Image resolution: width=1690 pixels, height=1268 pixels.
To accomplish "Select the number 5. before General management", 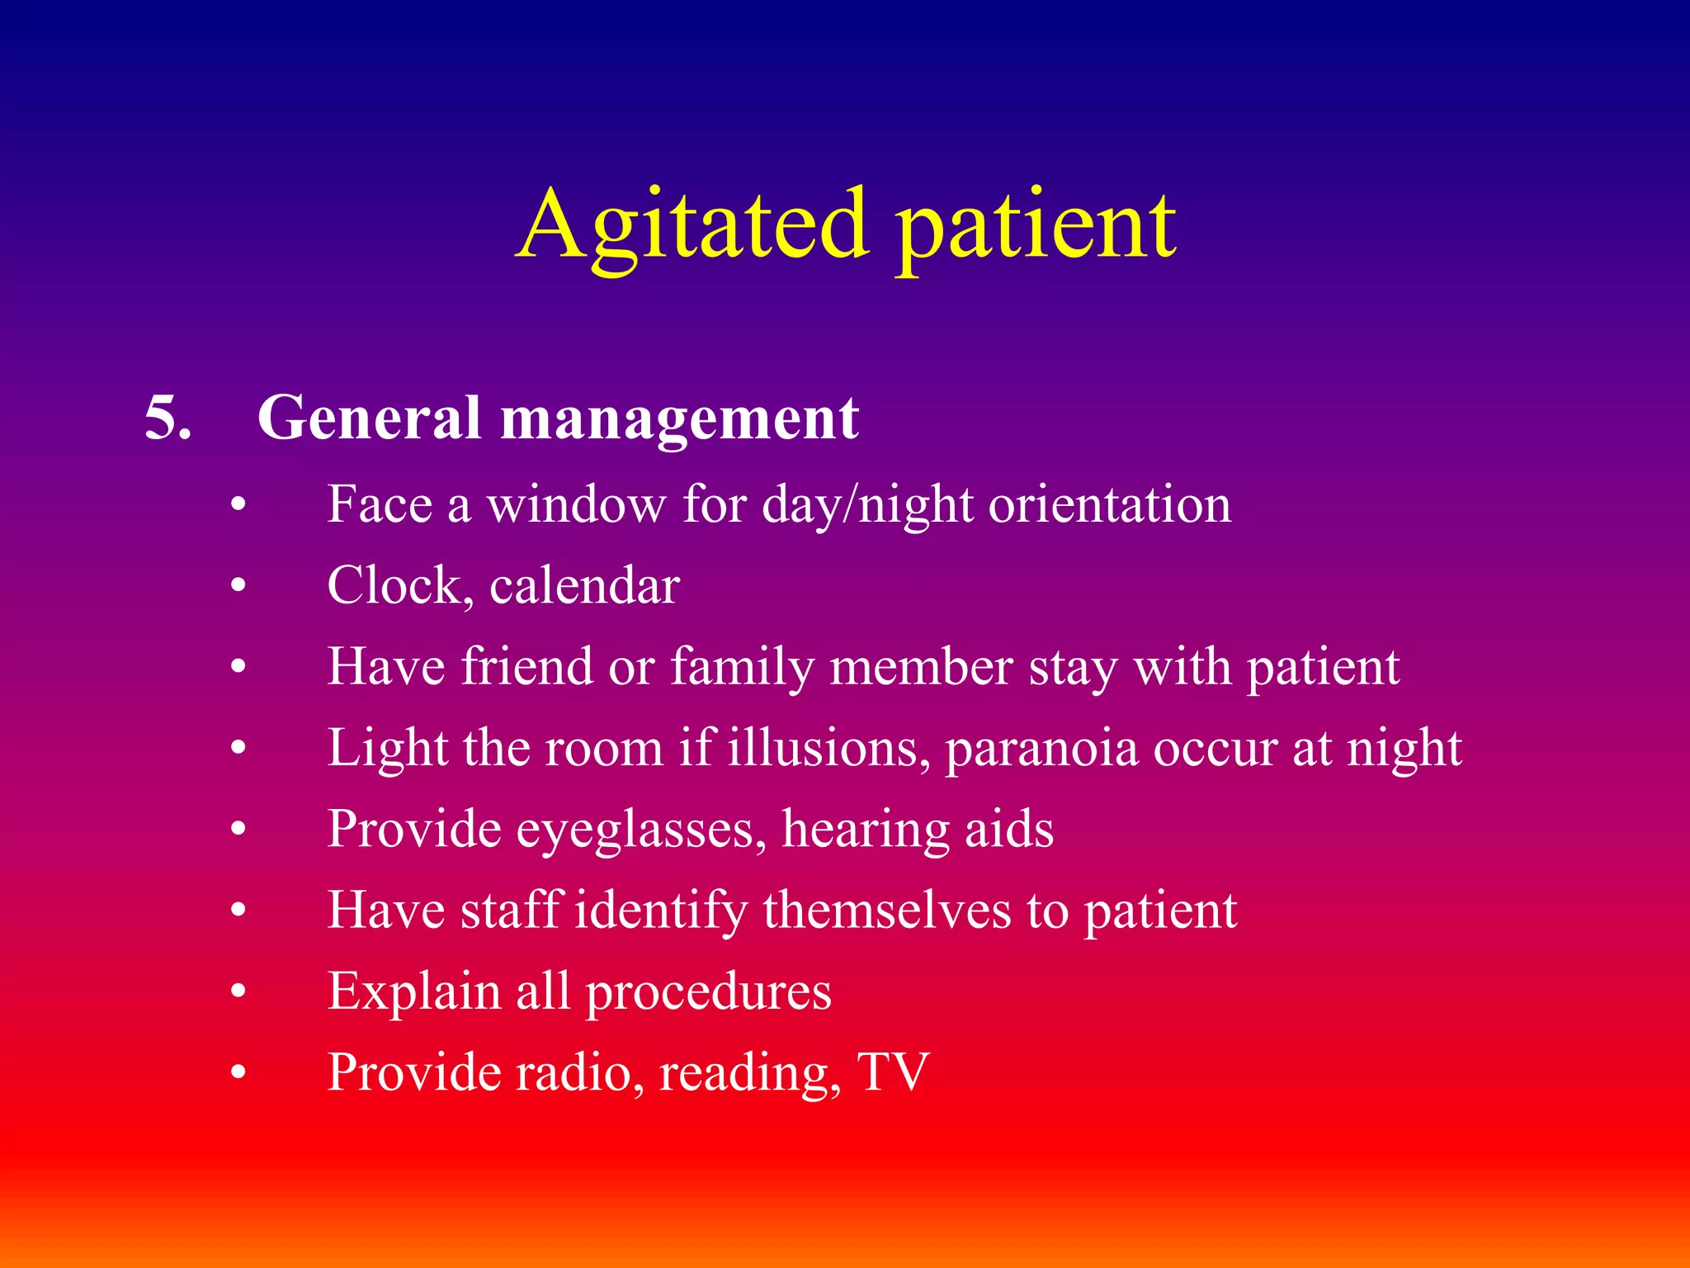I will point(168,418).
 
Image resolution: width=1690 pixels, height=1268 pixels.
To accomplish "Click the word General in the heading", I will point(369,418).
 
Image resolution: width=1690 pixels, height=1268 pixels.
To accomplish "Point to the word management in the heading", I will point(680,419).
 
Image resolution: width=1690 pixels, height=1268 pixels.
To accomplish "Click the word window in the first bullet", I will point(576,504).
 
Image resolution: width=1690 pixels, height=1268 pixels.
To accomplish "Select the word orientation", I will point(1110,504).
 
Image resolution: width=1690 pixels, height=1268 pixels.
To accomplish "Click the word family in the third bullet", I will point(742,667).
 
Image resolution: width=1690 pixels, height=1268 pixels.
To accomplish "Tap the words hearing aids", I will point(918,829).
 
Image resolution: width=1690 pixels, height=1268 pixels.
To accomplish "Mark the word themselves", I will point(886,910).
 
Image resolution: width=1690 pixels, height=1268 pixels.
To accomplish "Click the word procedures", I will point(708,991).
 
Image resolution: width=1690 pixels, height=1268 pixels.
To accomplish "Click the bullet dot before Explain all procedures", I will point(238,991).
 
